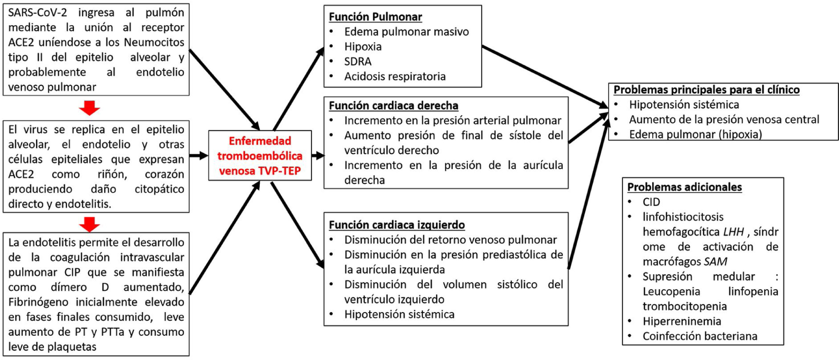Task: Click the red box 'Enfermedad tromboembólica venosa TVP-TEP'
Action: click(260, 156)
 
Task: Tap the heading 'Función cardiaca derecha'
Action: click(393, 106)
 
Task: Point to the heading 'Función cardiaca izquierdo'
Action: click(397, 225)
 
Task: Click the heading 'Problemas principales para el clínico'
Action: click(706, 89)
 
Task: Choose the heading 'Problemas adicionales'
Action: click(685, 187)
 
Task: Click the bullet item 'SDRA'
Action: click(358, 62)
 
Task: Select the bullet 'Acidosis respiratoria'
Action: click(395, 77)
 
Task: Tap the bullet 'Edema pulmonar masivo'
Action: click(406, 32)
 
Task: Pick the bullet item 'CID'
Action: click(651, 202)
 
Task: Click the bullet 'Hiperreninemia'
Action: click(682, 321)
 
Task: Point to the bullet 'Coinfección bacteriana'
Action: click(700, 336)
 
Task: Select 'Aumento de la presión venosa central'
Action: click(724, 119)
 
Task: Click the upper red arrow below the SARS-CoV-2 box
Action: click(89, 108)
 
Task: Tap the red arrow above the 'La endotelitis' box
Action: click(89, 224)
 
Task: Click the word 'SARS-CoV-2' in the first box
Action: click(37, 12)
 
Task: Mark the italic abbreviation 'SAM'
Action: click(715, 262)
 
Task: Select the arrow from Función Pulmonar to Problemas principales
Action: click(544, 76)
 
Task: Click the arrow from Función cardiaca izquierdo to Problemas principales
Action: click(588, 192)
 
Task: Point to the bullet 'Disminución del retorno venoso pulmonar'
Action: click(450, 240)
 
